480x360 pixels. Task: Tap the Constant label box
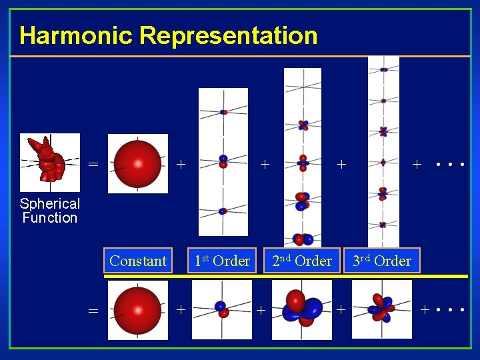tap(138, 261)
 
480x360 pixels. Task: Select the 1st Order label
tap(222, 261)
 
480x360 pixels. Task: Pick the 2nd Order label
tap(301, 261)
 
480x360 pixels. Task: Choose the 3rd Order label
tap(382, 261)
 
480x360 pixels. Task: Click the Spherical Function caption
tap(49, 211)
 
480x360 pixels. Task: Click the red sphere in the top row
tap(138, 163)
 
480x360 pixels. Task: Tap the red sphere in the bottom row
tap(138, 310)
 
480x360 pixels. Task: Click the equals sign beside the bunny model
tap(93, 164)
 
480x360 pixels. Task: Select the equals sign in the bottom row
tap(93, 311)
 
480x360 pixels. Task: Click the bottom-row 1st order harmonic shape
tap(221, 309)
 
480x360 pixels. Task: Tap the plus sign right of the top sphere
tap(181, 163)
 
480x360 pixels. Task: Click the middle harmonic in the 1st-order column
tap(223, 161)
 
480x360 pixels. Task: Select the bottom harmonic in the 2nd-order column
tap(302, 239)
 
